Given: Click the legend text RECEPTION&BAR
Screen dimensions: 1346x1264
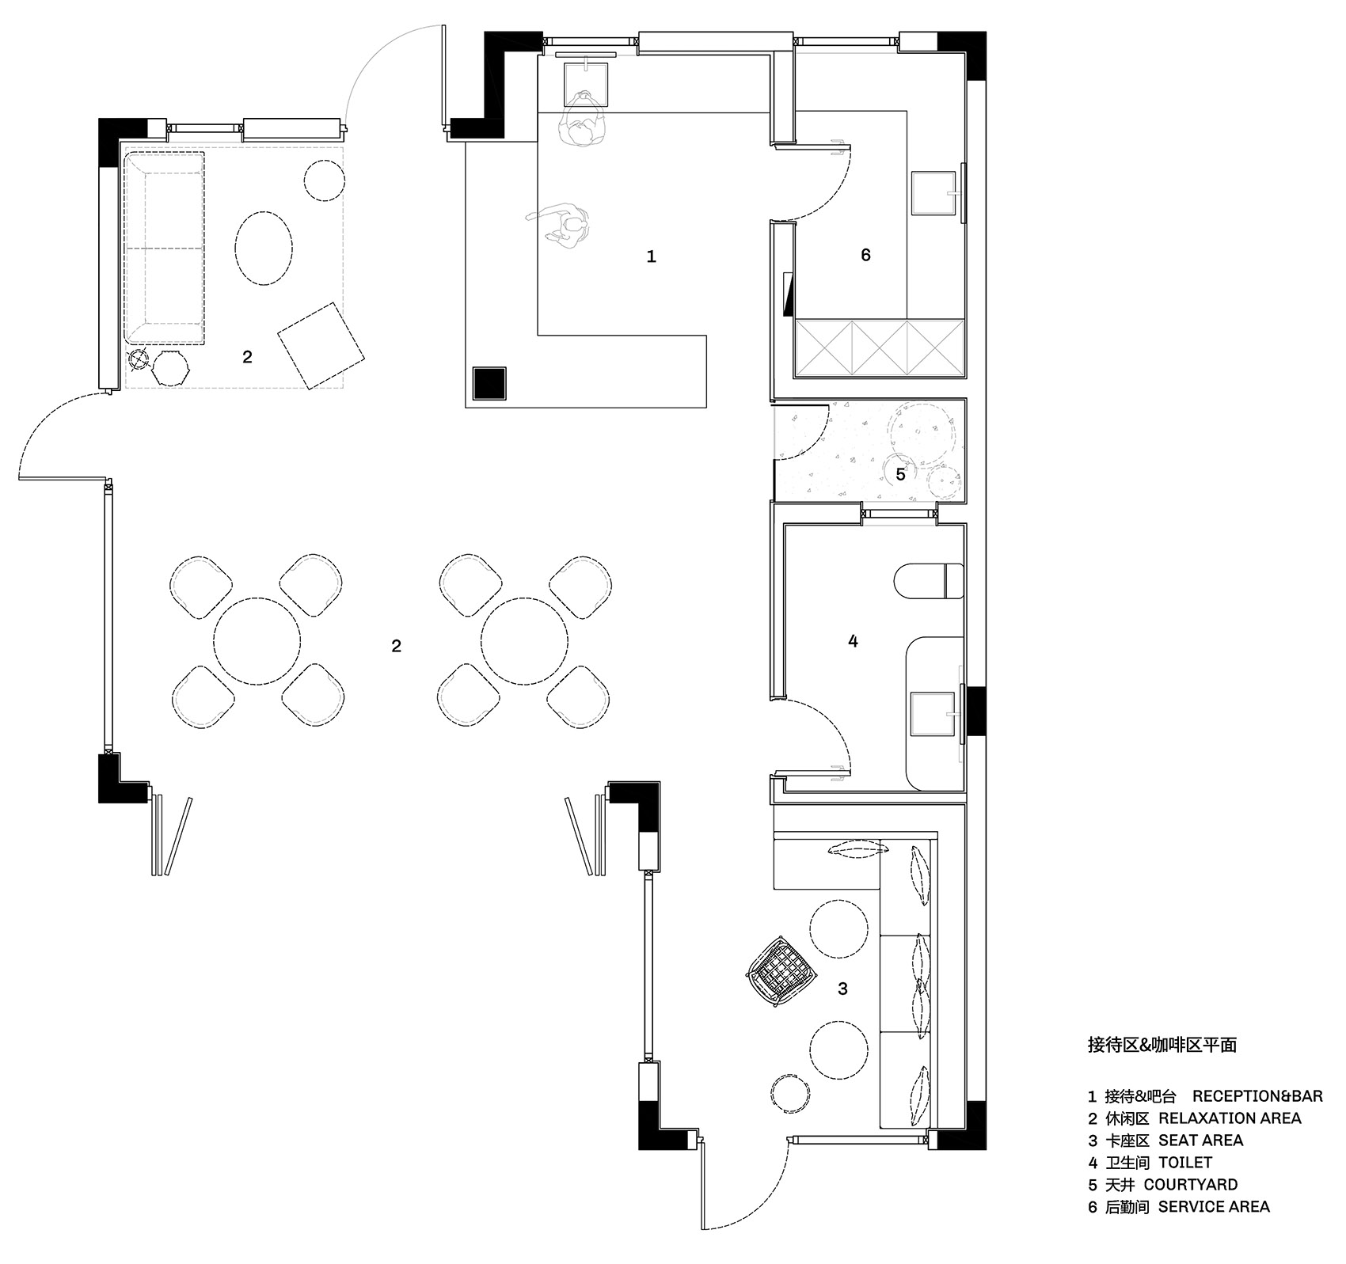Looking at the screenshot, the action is coord(1257,1096).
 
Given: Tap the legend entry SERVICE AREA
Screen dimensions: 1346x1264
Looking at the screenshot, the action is coord(1214,1207).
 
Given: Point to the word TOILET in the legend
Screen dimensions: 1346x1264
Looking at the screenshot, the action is coord(1185,1163).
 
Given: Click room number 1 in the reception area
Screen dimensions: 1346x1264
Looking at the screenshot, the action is coord(651,256).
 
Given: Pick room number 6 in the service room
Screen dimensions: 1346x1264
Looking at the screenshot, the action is coord(865,255).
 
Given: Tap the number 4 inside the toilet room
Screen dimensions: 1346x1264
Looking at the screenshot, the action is coord(853,641).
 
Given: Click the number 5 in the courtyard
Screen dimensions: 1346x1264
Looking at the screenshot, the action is coord(900,474).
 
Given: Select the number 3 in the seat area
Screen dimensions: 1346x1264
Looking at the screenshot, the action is coord(842,989).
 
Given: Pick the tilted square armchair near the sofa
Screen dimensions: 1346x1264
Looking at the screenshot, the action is coord(321,346).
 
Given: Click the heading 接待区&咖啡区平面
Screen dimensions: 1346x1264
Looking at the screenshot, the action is coord(1162,1046).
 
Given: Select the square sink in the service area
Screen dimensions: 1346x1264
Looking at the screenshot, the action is coord(935,194).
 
